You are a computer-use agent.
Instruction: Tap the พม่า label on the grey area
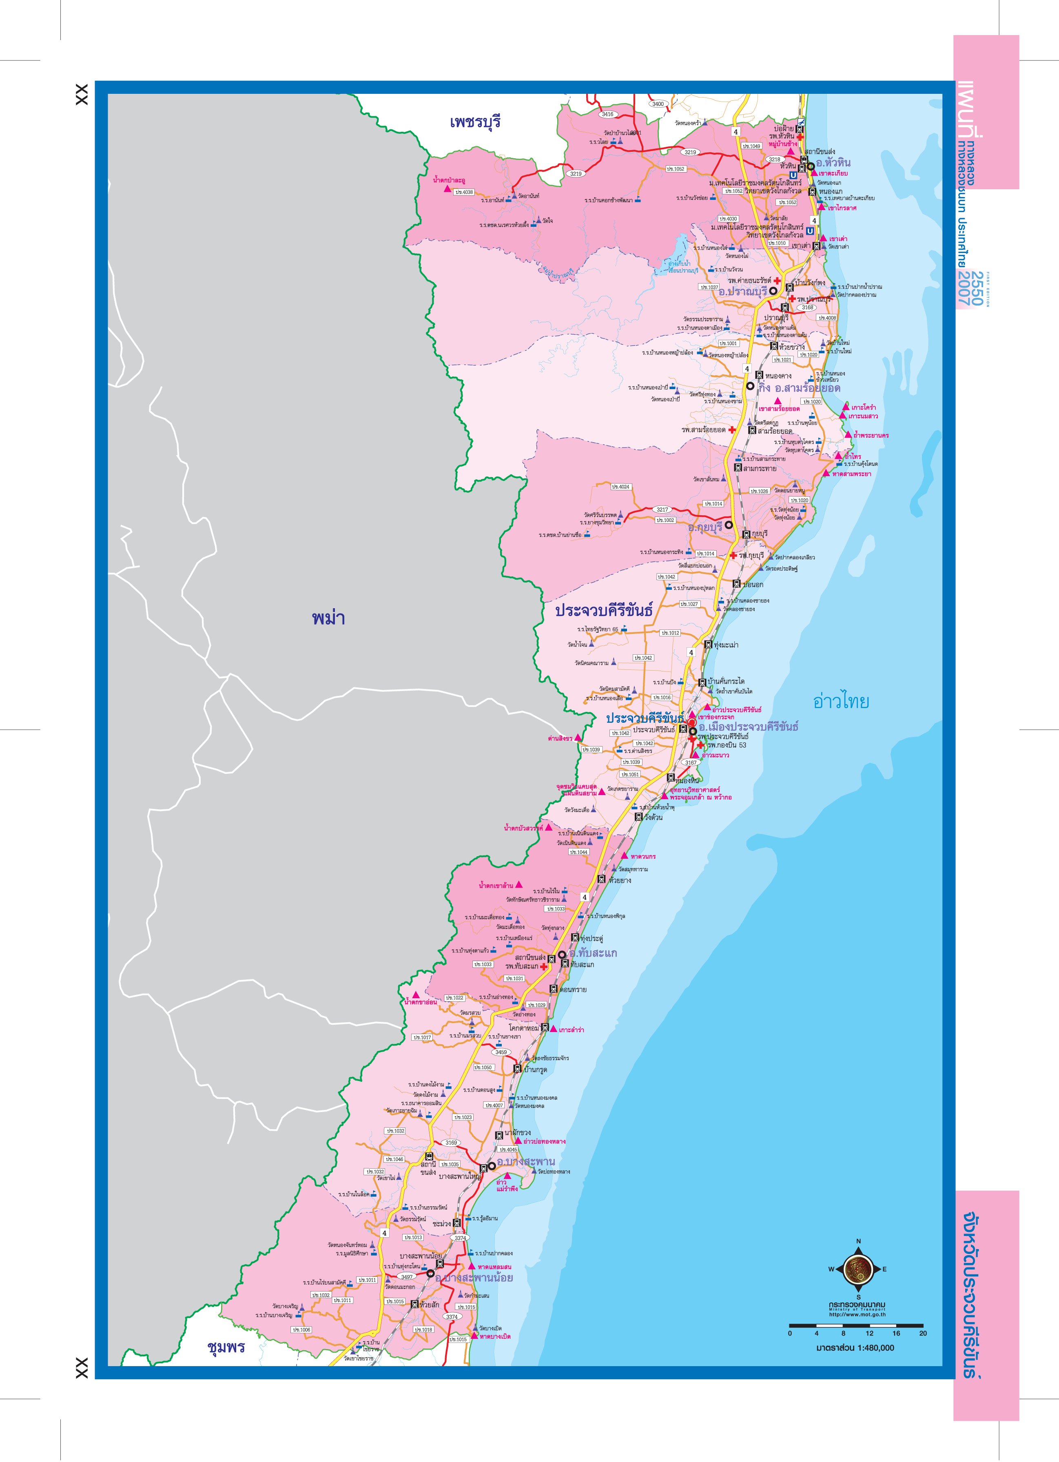coord(328,618)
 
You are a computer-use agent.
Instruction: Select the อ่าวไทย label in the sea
coord(841,701)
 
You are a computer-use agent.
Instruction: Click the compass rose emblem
coord(858,1269)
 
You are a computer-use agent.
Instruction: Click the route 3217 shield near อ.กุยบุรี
coord(662,509)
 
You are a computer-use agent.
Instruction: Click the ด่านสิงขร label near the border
coord(559,738)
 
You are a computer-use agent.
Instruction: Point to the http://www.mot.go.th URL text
coord(857,1315)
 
